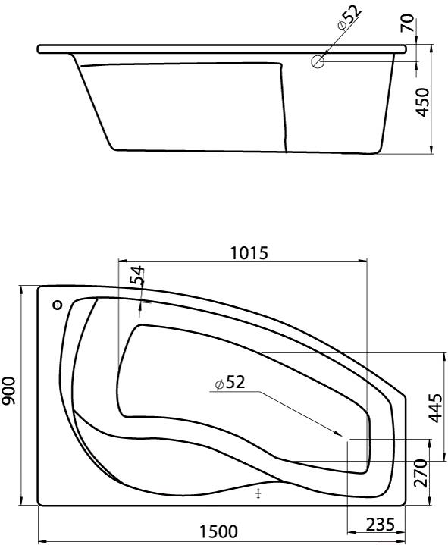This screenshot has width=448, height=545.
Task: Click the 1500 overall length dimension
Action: pos(218,532)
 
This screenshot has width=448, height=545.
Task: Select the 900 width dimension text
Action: pos(8,390)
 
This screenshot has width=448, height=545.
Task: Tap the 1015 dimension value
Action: pos(249,253)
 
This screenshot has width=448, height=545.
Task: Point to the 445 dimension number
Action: pos(436,408)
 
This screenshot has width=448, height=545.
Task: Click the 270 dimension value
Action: pos(420,474)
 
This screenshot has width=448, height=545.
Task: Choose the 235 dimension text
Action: pos(381,525)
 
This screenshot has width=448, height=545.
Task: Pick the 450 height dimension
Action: pos(423,102)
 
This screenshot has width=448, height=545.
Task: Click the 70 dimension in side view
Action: pos(408,23)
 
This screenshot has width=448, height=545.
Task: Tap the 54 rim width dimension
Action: pos(136,276)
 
